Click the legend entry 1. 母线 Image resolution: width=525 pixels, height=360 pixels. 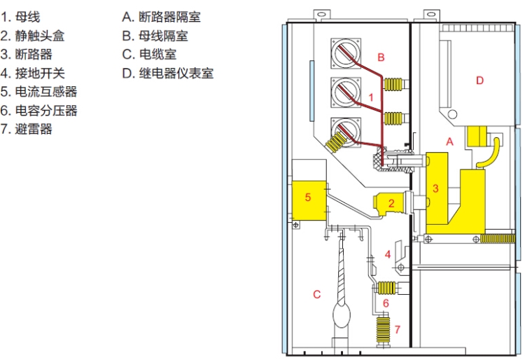[21, 17]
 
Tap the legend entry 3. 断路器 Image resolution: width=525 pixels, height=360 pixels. [27, 55]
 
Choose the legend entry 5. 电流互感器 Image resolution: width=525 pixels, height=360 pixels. [38, 92]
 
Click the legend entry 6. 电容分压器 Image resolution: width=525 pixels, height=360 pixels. [38, 111]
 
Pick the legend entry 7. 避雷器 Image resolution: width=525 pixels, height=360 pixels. [27, 130]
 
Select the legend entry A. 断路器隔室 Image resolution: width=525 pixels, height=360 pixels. [161, 17]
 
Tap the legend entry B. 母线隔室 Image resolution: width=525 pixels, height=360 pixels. [155, 36]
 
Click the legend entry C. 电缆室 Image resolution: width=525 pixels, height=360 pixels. [148, 55]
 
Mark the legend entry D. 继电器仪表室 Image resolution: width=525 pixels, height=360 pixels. [167, 74]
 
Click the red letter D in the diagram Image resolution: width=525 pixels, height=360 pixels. [479, 81]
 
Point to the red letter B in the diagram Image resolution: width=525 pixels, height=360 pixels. [381, 57]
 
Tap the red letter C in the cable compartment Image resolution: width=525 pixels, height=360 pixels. [316, 295]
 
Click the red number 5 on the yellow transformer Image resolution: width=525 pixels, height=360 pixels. [307, 197]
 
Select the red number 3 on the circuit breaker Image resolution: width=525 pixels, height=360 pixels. [435, 188]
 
